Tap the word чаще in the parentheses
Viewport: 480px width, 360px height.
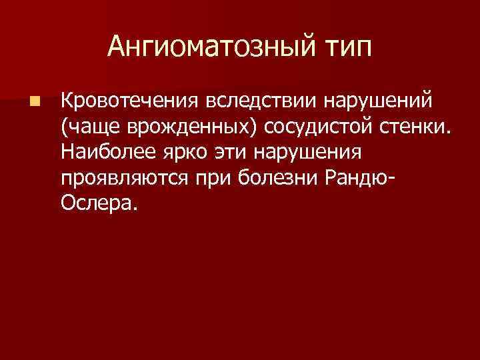click(x=91, y=127)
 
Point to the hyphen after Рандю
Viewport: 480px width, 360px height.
click(x=390, y=179)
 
